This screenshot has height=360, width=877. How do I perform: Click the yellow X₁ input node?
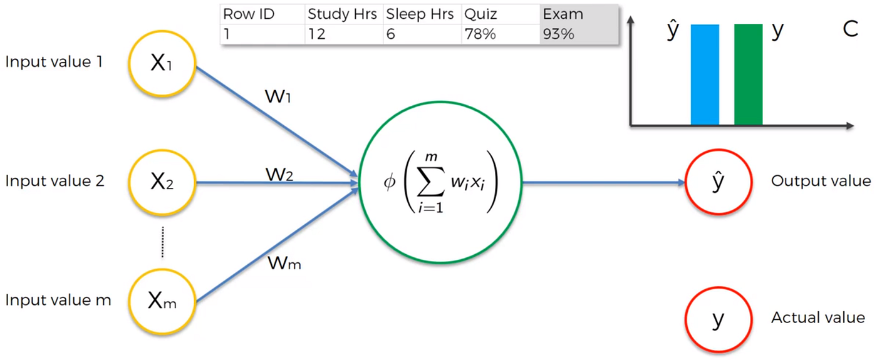(162, 63)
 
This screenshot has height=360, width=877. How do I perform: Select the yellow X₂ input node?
(162, 182)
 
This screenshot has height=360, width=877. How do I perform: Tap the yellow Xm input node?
(162, 301)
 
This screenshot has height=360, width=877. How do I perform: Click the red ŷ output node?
(718, 182)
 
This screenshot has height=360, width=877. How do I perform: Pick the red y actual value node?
(718, 319)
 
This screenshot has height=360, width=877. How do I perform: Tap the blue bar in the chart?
(705, 75)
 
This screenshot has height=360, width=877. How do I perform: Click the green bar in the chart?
(748, 75)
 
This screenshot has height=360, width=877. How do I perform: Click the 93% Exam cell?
(559, 34)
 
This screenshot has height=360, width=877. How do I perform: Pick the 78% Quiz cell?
(480, 34)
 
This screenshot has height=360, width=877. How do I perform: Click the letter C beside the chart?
(850, 29)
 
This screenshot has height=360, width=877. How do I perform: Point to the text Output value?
(821, 182)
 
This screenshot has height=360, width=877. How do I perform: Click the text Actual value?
(818, 318)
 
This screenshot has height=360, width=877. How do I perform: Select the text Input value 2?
(55, 182)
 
